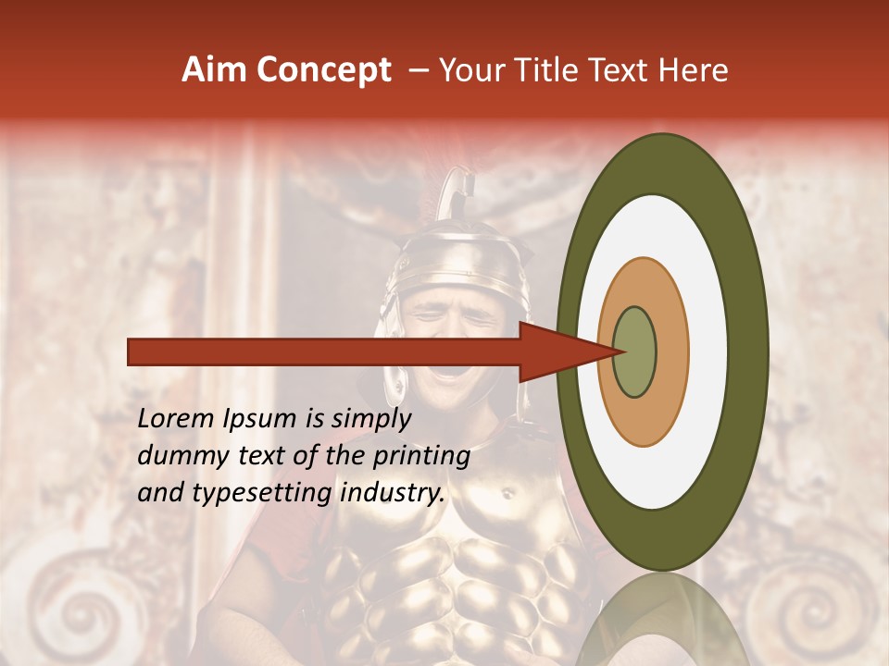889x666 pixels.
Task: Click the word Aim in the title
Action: pyautogui.click(x=214, y=70)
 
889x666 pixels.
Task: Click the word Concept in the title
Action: pyautogui.click(x=322, y=70)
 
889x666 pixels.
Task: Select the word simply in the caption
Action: pyautogui.click(x=370, y=419)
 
